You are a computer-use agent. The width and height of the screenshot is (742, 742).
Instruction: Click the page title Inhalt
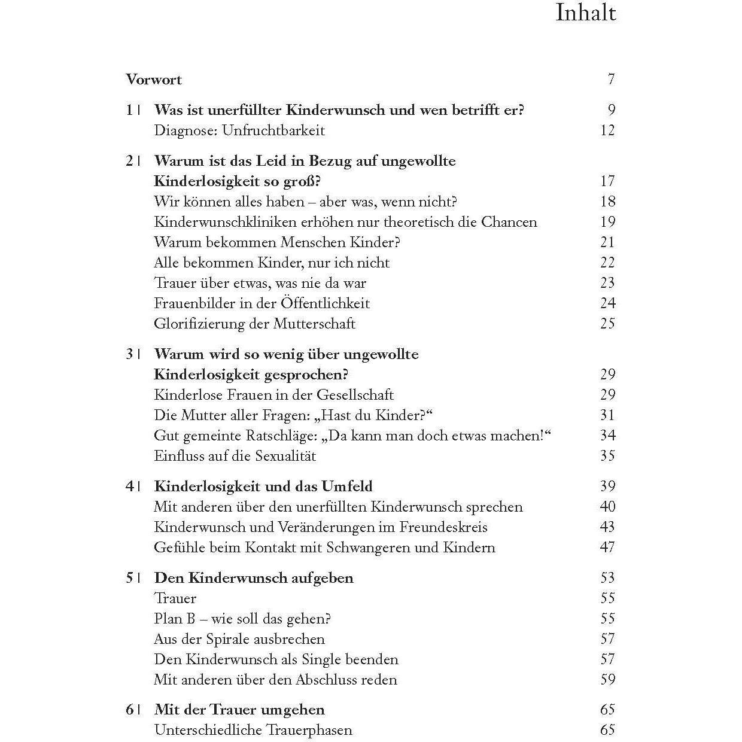click(x=585, y=13)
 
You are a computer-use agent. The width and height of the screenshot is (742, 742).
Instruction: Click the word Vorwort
click(x=154, y=80)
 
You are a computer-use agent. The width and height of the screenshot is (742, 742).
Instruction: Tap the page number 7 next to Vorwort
click(x=611, y=80)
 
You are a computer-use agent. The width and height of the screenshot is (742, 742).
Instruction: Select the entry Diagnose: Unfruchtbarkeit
click(x=239, y=130)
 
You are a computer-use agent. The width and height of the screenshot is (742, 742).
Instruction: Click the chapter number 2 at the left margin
click(x=129, y=161)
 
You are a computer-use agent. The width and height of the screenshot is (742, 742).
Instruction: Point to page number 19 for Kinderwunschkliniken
click(x=607, y=222)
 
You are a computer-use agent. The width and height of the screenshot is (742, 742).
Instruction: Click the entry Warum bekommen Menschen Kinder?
click(x=277, y=242)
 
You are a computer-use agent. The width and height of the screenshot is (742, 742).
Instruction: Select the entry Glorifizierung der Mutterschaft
click(x=254, y=324)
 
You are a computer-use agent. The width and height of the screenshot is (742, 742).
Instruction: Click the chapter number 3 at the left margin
click(x=129, y=354)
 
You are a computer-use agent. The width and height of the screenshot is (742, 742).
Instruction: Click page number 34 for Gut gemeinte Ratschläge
click(x=607, y=436)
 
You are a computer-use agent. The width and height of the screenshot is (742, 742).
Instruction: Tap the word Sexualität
click(x=285, y=456)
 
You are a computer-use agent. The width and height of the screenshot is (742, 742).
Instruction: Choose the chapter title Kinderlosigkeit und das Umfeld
click(x=263, y=486)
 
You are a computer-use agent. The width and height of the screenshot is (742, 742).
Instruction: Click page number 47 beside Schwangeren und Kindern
click(x=607, y=548)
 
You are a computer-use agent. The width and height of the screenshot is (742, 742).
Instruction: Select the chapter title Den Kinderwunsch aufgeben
click(x=254, y=578)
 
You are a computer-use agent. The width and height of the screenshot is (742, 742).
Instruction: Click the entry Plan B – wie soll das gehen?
click(x=242, y=619)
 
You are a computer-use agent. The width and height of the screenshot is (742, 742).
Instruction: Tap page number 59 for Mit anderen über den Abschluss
click(x=607, y=680)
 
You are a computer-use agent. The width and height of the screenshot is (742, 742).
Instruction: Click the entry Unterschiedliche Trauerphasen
click(x=253, y=731)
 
